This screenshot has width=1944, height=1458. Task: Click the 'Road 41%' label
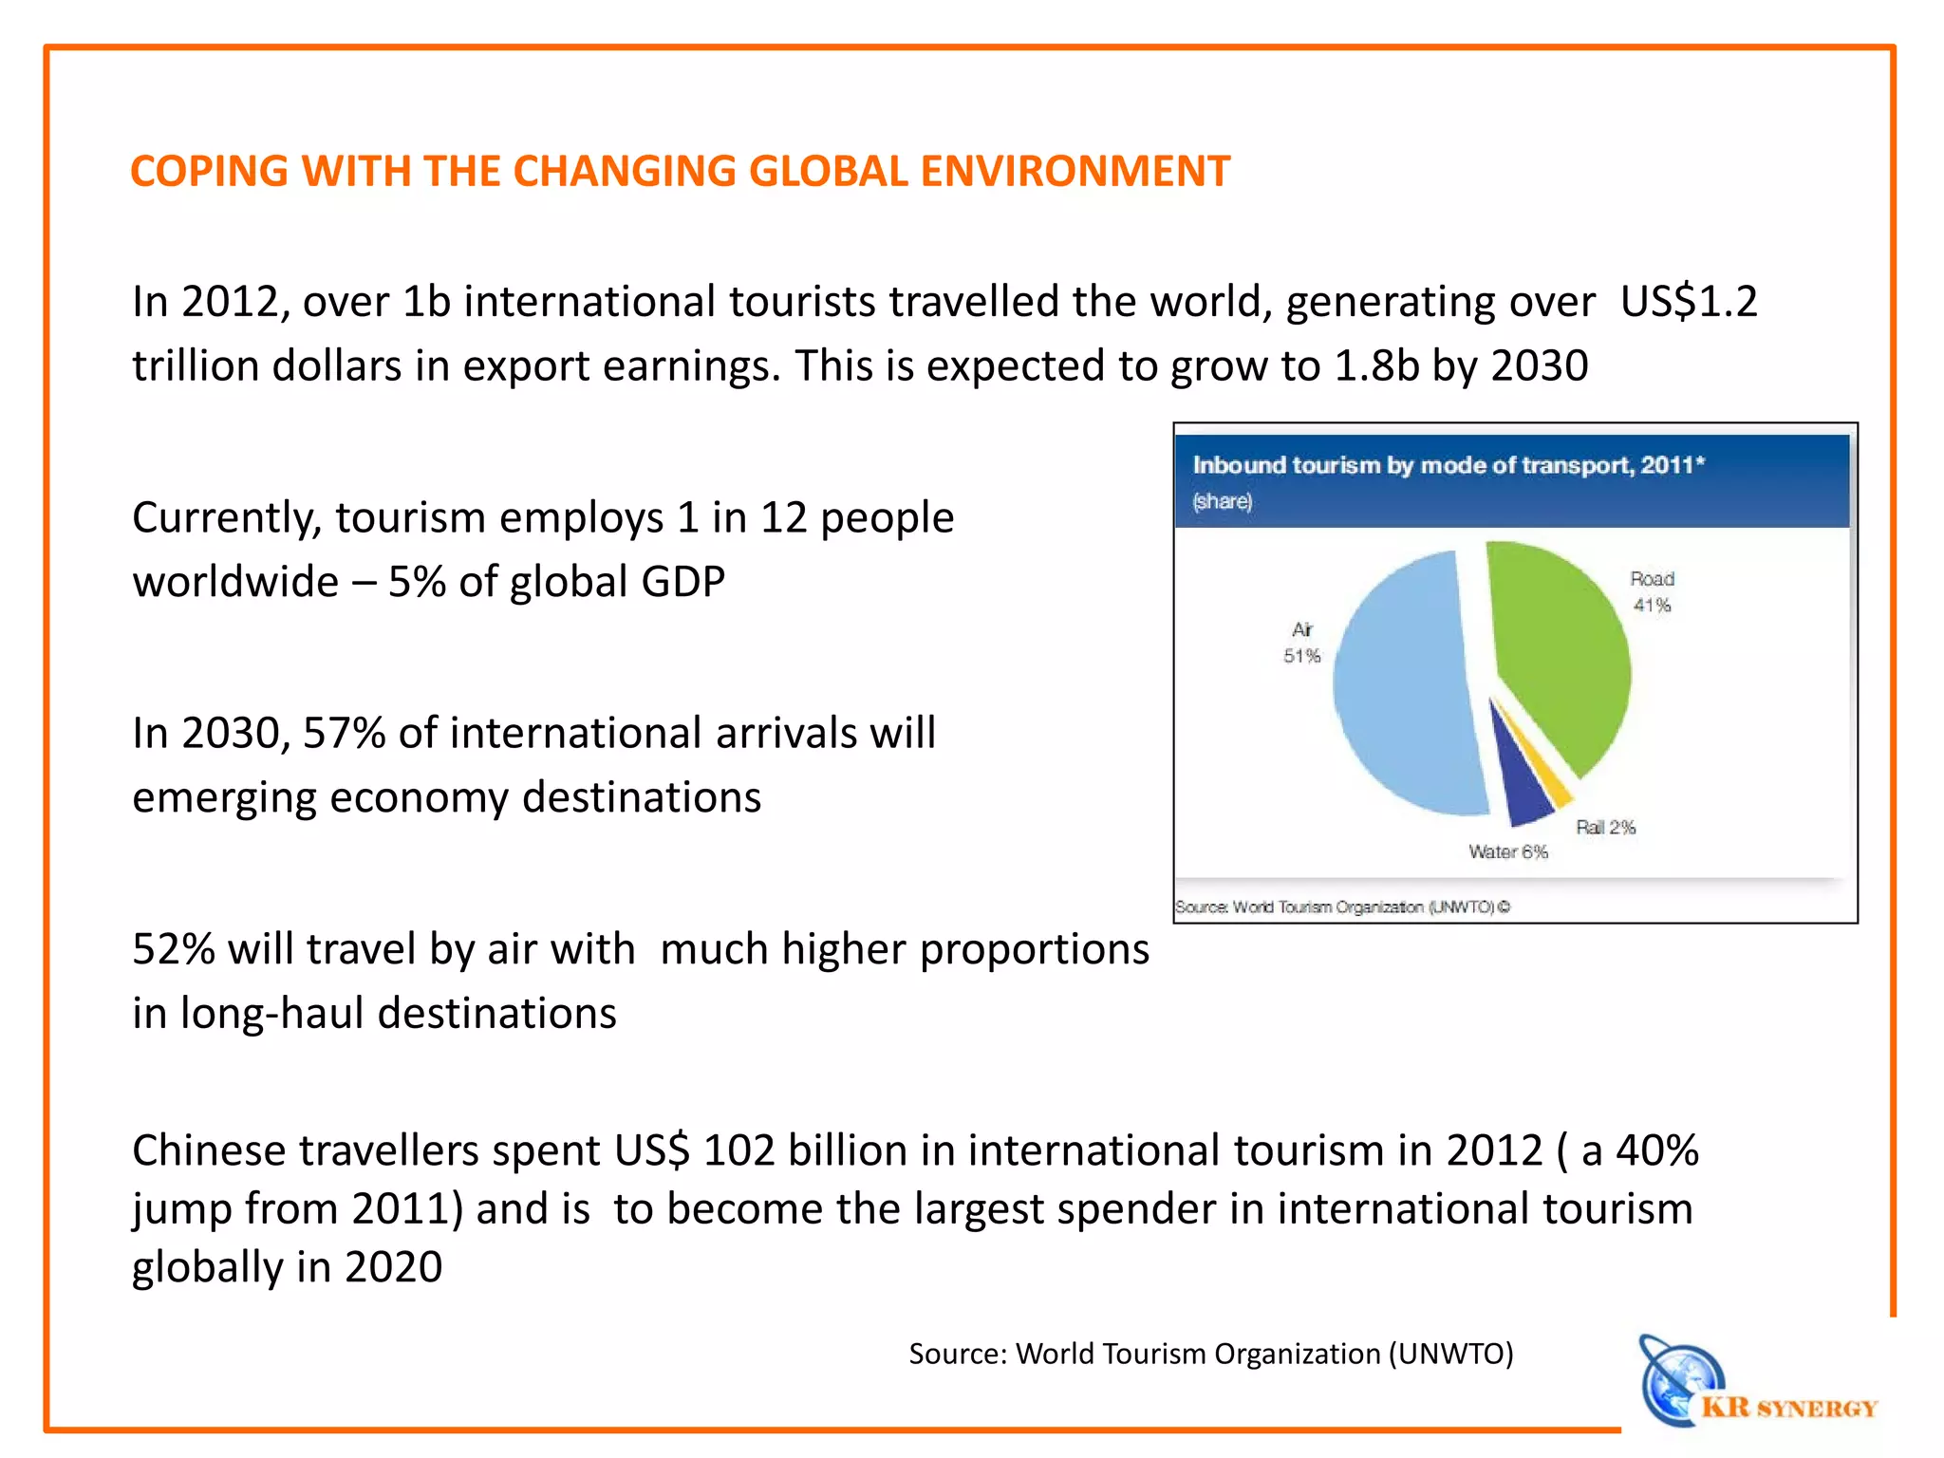point(1652,591)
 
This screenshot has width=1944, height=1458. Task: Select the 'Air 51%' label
point(1301,643)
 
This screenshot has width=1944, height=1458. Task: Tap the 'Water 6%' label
point(1507,851)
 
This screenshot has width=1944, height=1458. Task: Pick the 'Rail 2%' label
point(1605,827)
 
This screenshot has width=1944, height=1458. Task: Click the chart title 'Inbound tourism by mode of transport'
point(1448,465)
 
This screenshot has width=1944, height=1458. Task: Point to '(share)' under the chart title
point(1223,501)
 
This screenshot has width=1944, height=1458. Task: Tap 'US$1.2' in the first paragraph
point(1689,302)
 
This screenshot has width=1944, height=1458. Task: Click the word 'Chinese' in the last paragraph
point(210,1150)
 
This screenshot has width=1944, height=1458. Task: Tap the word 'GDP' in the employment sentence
point(682,582)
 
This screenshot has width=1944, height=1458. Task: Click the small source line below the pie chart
point(1342,907)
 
